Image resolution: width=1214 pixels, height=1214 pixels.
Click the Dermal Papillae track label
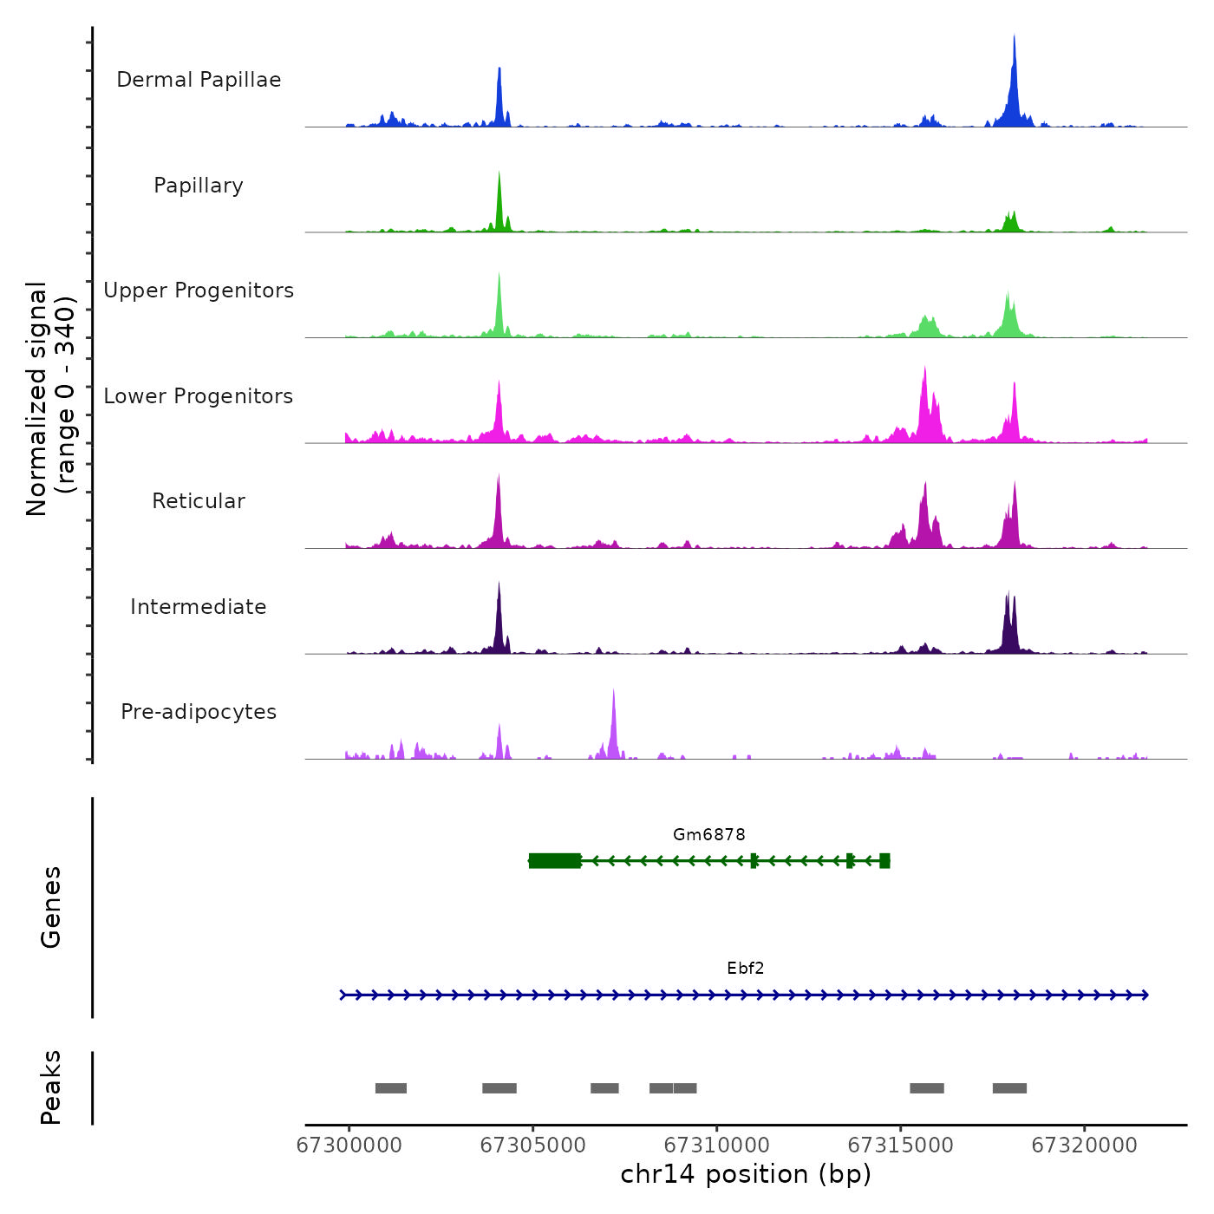click(x=199, y=80)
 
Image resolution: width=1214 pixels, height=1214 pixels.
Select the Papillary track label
click(x=199, y=186)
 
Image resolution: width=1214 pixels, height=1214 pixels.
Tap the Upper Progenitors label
click(x=199, y=290)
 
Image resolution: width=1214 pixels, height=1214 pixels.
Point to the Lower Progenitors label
click(x=199, y=396)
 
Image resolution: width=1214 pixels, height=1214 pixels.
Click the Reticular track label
click(x=199, y=501)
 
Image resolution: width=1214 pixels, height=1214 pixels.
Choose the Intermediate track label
click(x=199, y=607)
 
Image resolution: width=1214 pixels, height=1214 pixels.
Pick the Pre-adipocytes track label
click(x=199, y=712)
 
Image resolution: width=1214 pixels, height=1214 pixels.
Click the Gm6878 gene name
click(x=708, y=835)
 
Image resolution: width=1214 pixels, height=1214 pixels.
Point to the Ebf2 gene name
click(x=745, y=969)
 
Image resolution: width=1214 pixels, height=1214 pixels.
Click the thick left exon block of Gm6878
click(x=555, y=860)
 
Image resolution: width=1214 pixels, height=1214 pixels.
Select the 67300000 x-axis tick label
click(x=349, y=1145)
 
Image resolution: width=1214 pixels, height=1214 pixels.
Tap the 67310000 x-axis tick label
click(x=716, y=1145)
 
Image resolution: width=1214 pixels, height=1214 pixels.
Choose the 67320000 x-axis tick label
click(x=1084, y=1145)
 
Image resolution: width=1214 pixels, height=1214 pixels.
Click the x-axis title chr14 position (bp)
click(x=746, y=1175)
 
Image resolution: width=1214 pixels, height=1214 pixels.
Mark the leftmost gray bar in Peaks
click(x=390, y=1088)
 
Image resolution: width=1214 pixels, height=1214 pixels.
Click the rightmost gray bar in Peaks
click(x=1009, y=1088)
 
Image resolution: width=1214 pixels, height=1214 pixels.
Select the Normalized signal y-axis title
click(x=50, y=399)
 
